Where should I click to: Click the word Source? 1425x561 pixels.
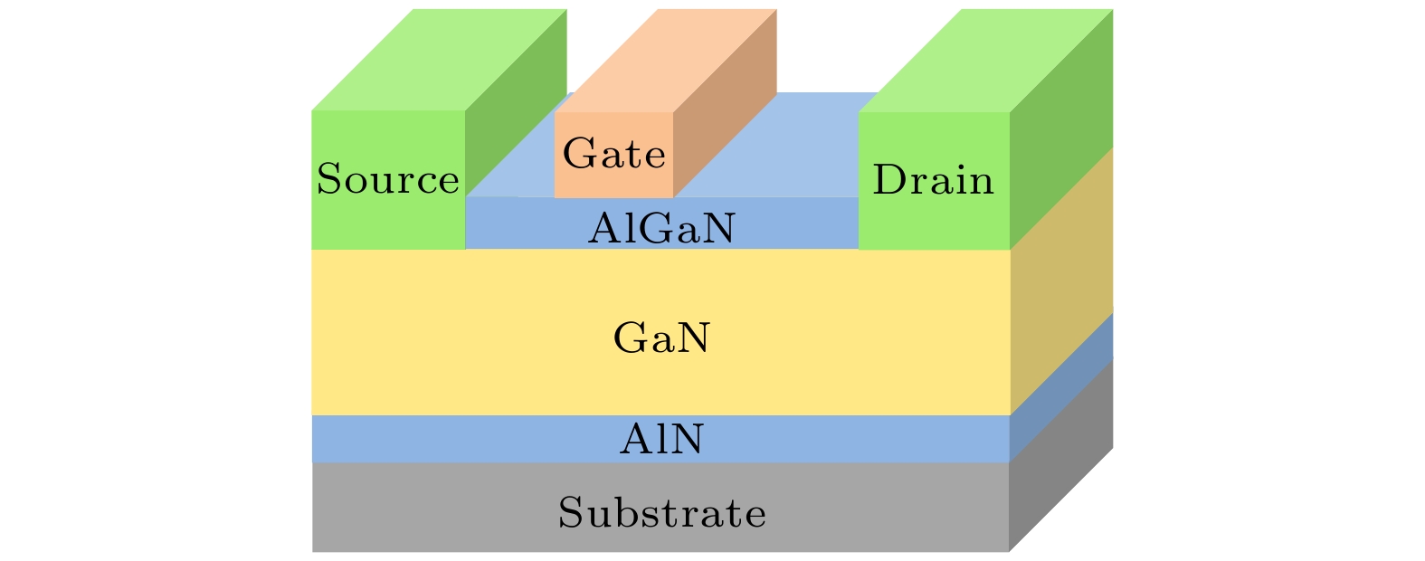388,180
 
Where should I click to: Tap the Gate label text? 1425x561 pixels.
614,154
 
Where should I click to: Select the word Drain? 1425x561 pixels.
933,181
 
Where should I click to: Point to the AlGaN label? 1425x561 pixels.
661,230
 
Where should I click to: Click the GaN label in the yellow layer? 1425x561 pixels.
661,339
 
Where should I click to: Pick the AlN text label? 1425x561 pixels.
661,440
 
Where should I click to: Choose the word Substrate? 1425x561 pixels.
661,513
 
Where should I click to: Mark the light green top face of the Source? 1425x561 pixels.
439,60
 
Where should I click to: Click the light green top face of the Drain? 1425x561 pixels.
986,60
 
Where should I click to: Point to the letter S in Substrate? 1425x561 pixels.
570,513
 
